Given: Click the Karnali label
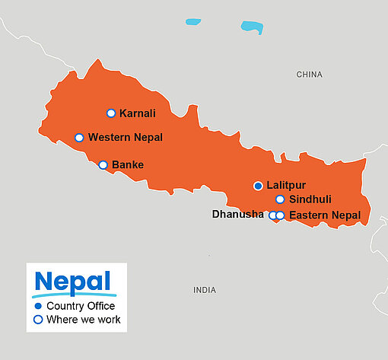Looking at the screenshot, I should pos(138,113).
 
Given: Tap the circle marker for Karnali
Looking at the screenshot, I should pos(111,113).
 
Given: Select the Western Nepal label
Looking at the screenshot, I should pos(126,138).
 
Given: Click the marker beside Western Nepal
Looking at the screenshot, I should pos(79,138).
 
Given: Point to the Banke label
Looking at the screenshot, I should pos(128,164).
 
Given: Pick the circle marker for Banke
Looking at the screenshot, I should pos(103,164).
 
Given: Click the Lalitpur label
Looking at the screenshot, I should pos(286,186).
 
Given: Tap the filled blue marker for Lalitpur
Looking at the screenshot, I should pos(258,186).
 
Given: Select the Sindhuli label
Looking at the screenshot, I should pos(310,199).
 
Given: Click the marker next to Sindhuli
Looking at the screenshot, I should pos(280,199).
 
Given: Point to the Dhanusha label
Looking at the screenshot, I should pos(238,215).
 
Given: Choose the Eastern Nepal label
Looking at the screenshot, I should pos(325,215).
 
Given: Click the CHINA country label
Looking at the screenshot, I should pos(309,75).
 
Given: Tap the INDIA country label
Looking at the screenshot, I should pos(204,290).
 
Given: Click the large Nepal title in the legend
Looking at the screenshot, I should pos(73,280).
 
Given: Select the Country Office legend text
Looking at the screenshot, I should pos(81,306).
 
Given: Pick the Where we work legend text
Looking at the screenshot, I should pos(83,320).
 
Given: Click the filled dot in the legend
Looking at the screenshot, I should pos(38,306).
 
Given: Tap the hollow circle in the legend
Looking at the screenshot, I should pos(38,320).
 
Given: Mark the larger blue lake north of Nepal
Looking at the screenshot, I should pos(252,27).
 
